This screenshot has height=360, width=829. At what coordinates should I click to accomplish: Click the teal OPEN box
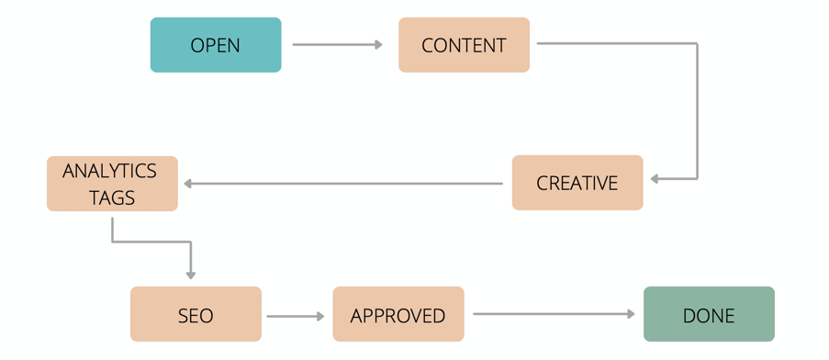pyautogui.click(x=216, y=45)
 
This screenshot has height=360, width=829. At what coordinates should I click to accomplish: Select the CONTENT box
pyautogui.click(x=464, y=45)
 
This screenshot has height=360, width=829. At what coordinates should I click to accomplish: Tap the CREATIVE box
pyautogui.click(x=577, y=183)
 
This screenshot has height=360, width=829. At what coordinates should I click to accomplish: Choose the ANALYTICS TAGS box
pyautogui.click(x=112, y=184)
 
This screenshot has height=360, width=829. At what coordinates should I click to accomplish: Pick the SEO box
pyautogui.click(x=196, y=315)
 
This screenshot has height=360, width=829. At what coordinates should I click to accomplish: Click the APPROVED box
pyautogui.click(x=398, y=315)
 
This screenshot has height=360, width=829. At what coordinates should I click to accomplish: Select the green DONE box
pyautogui.click(x=709, y=315)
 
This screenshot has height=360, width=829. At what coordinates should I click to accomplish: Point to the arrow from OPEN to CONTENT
pyautogui.click(x=336, y=44)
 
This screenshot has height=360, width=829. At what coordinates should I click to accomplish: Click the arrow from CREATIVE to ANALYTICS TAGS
pyautogui.click(x=344, y=184)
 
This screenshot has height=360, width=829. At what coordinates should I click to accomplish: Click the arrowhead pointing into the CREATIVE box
pyautogui.click(x=655, y=179)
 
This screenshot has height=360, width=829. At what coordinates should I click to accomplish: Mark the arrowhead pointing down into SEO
pyautogui.click(x=191, y=274)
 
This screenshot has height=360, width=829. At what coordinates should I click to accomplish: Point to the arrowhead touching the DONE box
pyautogui.click(x=631, y=314)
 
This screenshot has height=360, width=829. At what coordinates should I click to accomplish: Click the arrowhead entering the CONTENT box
pyautogui.click(x=378, y=44)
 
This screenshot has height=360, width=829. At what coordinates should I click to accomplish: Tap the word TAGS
pyautogui.click(x=112, y=197)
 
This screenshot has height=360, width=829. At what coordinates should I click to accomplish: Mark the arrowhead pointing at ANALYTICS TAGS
pyautogui.click(x=187, y=184)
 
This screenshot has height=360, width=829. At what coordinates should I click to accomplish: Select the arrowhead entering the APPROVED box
pyautogui.click(x=320, y=316)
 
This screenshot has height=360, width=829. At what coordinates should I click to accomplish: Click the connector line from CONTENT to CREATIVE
pyautogui.click(x=697, y=110)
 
